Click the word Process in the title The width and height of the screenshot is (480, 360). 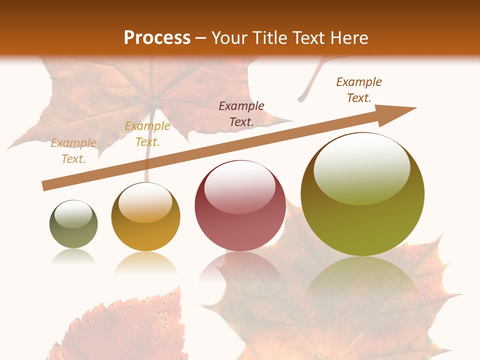click(x=157, y=38)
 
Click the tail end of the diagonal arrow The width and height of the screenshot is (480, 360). click(x=44, y=186)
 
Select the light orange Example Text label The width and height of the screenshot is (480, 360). click(x=73, y=151)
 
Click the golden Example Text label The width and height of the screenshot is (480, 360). click(x=147, y=134)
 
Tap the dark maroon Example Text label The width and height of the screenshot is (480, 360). click(x=241, y=113)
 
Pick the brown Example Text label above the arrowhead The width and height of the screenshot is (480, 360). click(x=359, y=90)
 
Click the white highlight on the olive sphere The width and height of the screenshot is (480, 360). click(x=361, y=167)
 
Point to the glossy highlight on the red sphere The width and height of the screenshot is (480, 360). click(x=239, y=186)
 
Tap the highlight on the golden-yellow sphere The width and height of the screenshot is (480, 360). click(x=145, y=202)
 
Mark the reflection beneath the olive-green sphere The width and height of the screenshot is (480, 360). click(x=362, y=280)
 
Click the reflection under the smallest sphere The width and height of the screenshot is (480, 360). click(x=73, y=257)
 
